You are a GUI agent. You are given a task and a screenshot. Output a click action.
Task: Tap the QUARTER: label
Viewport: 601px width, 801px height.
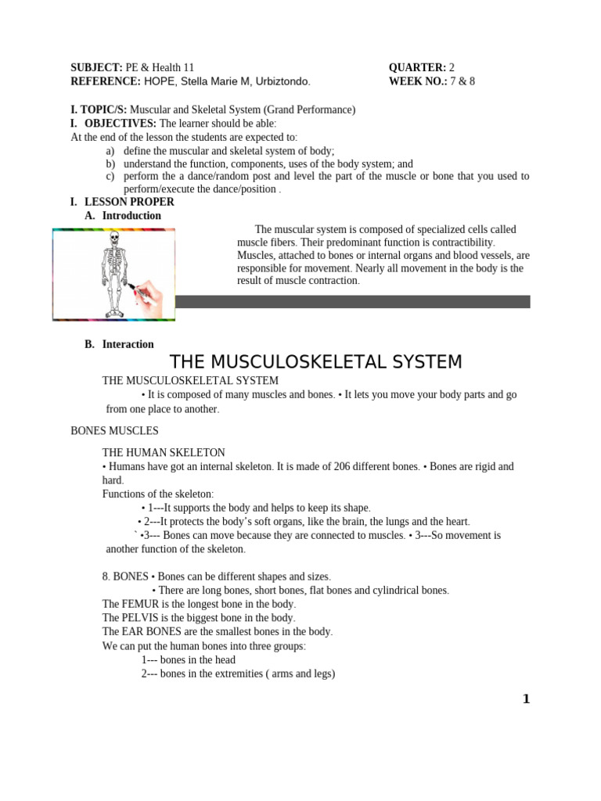417,68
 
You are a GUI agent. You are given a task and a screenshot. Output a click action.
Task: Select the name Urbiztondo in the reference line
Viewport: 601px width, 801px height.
283,81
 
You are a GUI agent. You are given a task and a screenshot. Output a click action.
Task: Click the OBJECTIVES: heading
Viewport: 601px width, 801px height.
121,124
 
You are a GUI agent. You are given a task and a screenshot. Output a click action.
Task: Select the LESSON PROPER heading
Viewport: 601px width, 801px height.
129,202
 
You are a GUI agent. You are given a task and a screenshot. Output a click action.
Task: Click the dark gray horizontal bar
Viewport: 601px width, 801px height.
352,302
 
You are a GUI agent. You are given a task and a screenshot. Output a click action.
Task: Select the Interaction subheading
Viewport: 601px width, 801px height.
128,344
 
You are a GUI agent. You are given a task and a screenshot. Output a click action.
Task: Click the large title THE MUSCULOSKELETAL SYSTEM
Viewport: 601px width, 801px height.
316,362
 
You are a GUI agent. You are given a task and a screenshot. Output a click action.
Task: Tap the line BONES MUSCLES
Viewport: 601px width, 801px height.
114,431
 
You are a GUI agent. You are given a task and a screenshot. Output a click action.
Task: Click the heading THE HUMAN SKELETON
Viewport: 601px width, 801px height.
164,453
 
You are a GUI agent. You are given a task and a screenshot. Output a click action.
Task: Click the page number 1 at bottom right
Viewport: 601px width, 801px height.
526,699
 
